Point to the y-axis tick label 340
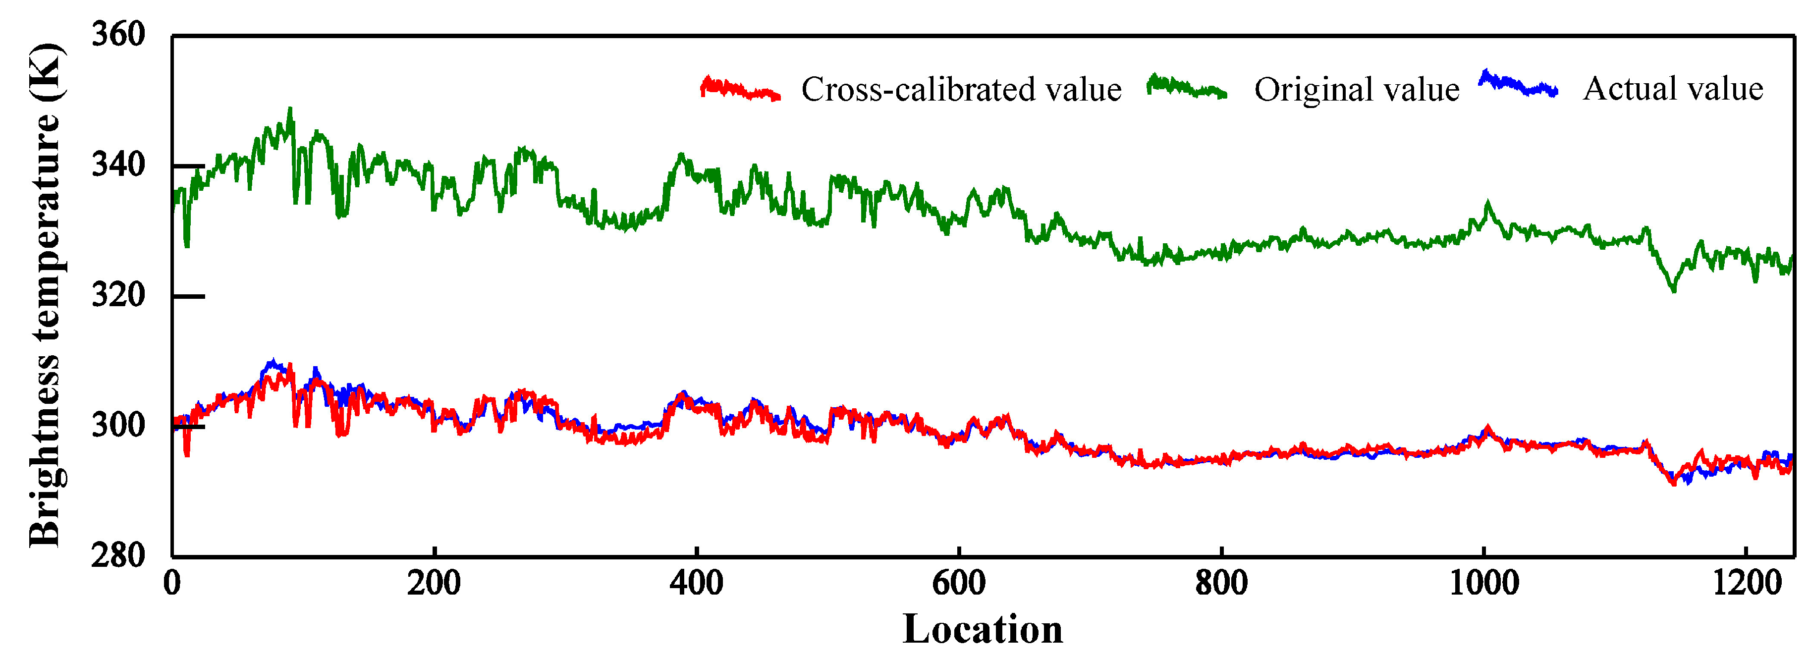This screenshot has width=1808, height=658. pos(118,165)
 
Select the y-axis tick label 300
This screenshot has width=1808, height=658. pos(118,426)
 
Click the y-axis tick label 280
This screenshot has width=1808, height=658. pos(118,555)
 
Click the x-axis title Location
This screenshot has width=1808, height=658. pos(982,629)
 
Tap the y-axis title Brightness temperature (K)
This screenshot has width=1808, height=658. pos(45,295)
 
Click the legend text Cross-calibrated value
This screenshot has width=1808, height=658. pos(961,90)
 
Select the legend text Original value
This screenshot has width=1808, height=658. pos(1357,90)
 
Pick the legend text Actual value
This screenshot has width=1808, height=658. pos(1673,89)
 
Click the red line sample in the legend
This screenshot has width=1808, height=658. pos(740,89)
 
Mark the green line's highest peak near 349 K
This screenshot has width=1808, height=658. pos(290,110)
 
